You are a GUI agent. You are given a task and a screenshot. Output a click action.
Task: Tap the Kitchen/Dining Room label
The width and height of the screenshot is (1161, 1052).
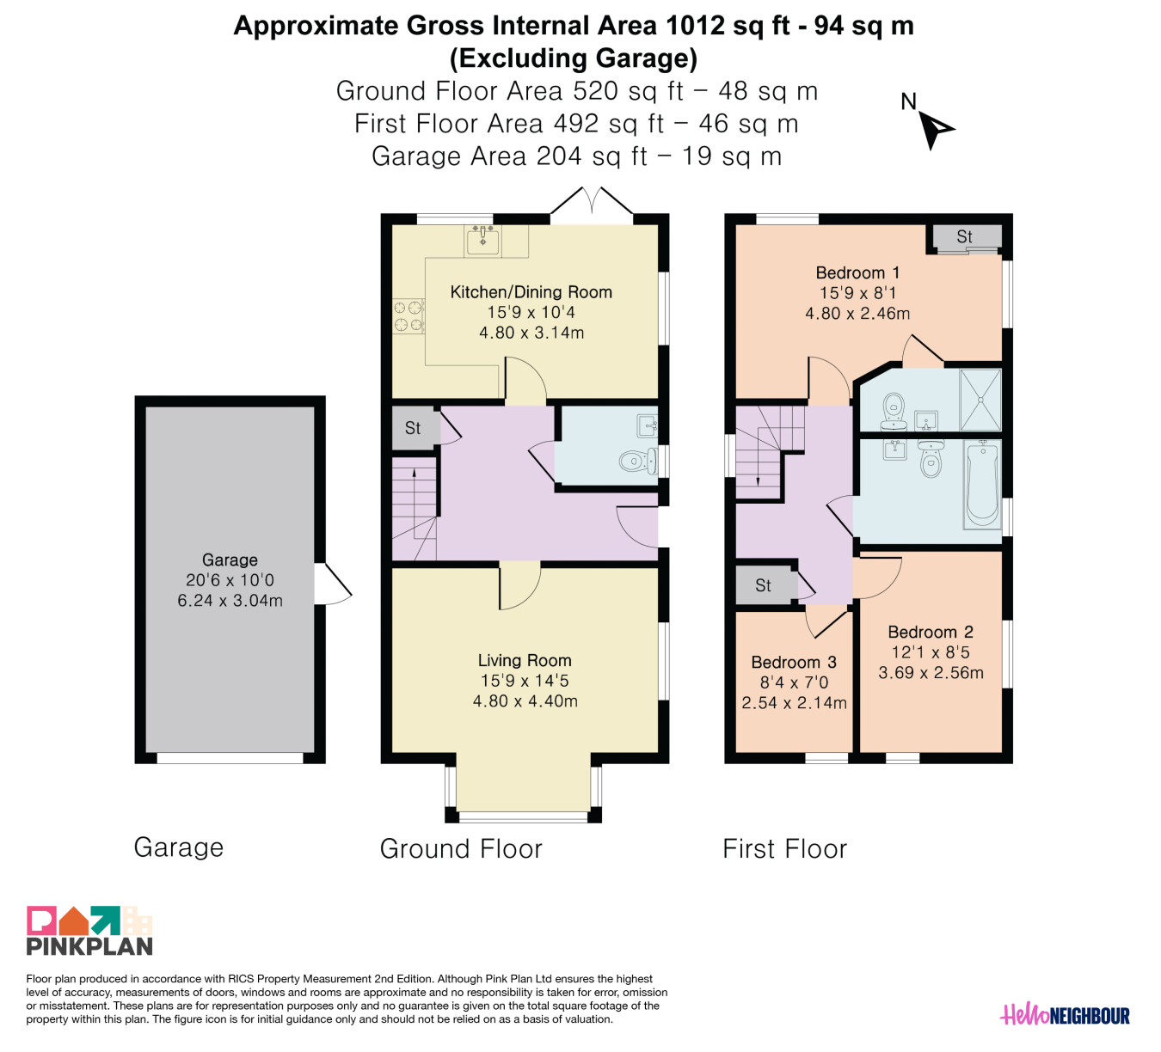531,292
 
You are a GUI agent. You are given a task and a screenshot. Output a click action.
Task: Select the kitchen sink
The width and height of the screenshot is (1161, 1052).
482,240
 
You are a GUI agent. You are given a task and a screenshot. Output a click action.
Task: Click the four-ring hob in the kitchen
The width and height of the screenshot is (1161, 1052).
408,316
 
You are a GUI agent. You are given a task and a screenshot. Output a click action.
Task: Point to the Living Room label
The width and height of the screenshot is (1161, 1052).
525,660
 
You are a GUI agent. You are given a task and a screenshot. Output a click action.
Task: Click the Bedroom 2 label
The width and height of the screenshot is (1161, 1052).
930,632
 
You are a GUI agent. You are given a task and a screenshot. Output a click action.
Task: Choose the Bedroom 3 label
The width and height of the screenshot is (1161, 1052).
794,662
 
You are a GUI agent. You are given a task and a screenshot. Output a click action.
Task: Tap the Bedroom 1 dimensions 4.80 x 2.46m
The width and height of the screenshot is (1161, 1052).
857,314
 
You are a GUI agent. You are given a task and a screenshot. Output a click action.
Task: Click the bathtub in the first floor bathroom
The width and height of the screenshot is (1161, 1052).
982,485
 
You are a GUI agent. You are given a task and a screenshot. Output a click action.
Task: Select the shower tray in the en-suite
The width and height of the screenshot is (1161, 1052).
980,400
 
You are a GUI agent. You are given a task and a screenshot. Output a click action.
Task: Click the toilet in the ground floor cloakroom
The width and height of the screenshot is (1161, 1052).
639,462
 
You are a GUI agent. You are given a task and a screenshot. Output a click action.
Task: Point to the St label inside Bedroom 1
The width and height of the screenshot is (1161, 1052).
964,236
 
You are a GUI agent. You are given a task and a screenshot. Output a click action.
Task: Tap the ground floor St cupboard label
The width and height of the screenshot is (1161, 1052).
413,428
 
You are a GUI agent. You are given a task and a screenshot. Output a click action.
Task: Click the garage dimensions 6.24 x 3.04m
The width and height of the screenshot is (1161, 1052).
230,601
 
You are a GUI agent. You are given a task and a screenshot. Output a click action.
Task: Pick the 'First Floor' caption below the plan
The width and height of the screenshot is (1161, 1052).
784,849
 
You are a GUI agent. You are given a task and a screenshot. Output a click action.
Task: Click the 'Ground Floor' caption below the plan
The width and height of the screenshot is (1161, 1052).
461,849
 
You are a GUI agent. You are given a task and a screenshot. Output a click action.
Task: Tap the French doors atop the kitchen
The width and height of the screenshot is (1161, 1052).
592,205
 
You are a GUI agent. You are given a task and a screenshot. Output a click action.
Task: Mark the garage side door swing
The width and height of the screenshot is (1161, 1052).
334,584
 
